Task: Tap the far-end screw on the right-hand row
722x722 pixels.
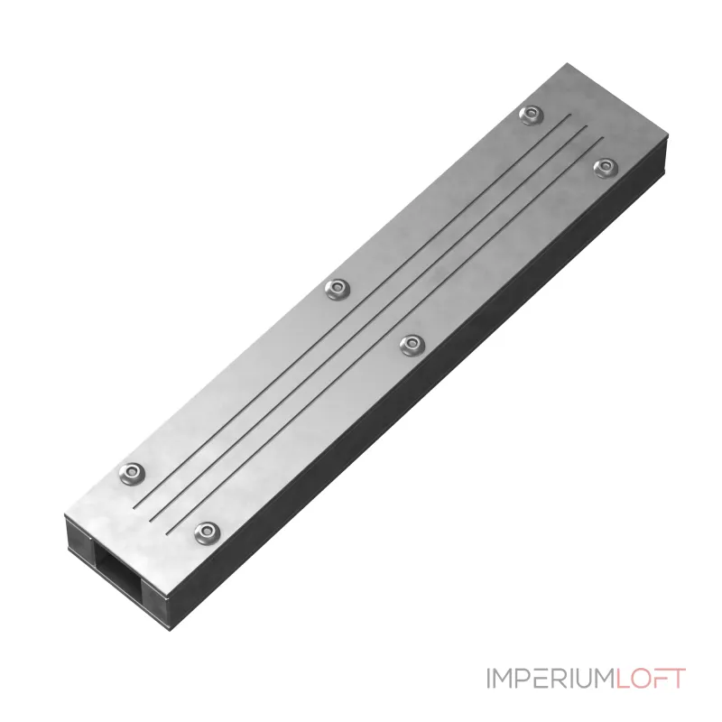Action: (606, 168)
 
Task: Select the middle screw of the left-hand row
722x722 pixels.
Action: (338, 290)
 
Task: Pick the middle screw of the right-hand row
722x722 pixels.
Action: (412, 345)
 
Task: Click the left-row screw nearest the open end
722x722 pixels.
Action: (132, 473)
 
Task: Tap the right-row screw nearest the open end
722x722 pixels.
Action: (208, 532)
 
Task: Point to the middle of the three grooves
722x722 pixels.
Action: (369, 324)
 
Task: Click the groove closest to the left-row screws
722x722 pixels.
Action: (352, 310)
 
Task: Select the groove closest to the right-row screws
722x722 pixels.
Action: (384, 337)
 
